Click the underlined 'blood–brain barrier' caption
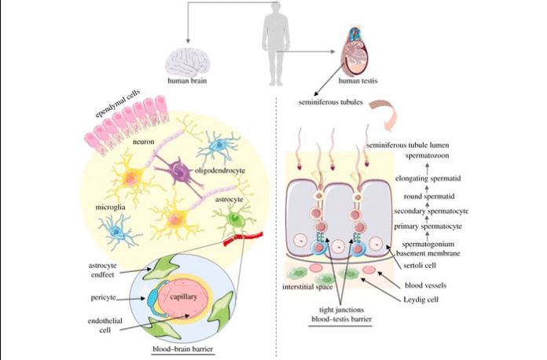pyautogui.click(x=182, y=347)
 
